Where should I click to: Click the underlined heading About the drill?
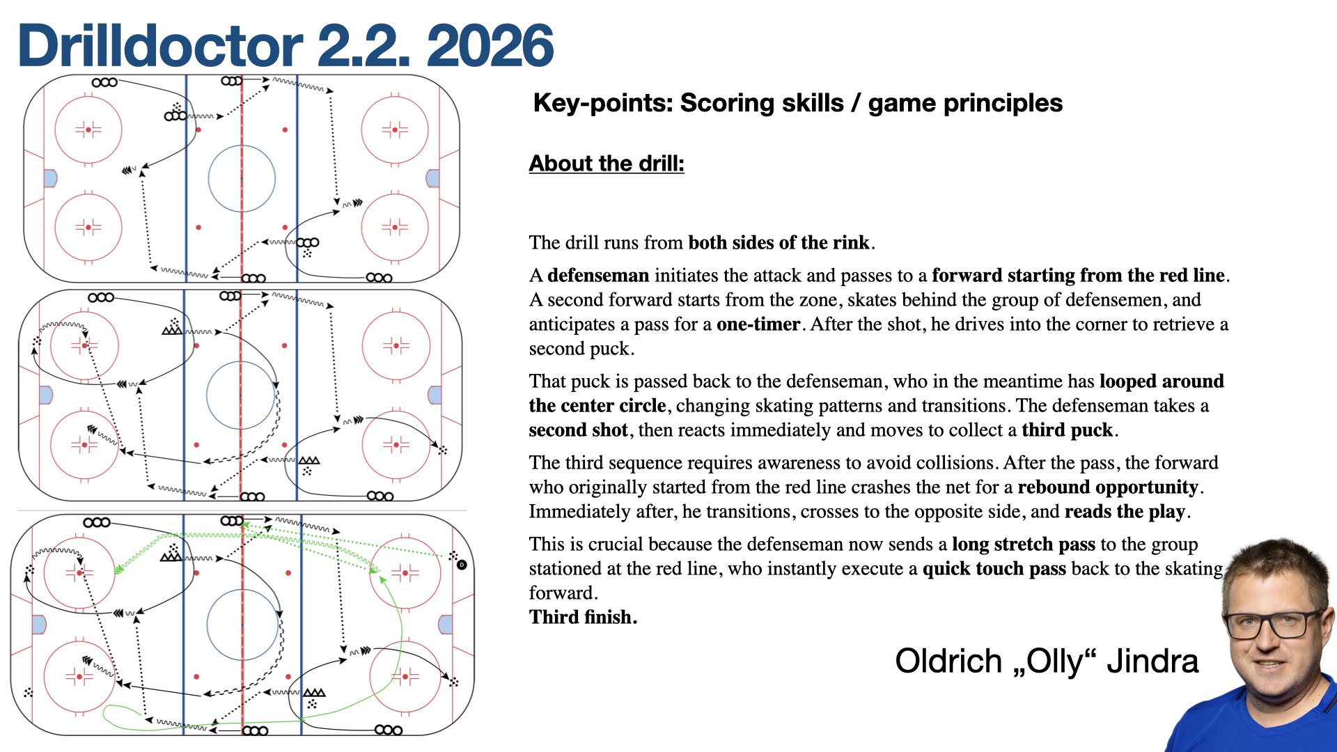click(607, 163)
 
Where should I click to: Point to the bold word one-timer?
click(758, 324)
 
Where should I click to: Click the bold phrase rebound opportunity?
click(1108, 487)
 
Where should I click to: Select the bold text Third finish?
click(583, 618)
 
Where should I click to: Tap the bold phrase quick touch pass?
click(994, 569)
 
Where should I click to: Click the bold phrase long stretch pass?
click(1024, 545)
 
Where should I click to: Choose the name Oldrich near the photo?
click(948, 661)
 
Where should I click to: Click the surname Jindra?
click(1152, 661)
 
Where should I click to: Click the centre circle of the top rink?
click(242, 146)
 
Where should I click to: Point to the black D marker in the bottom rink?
click(462, 565)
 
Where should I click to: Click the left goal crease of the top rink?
click(50, 178)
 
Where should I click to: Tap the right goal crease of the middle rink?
click(435, 395)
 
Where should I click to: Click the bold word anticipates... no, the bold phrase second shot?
click(578, 430)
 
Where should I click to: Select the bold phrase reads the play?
click(1125, 512)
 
